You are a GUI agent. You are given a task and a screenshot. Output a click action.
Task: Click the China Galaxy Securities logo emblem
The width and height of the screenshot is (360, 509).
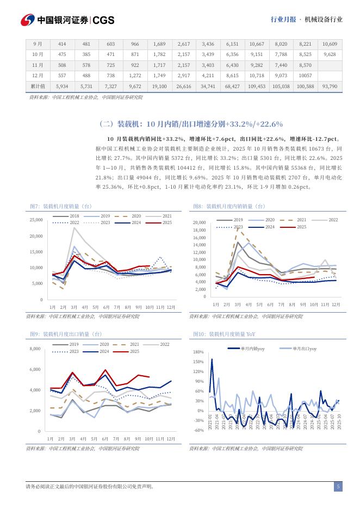[28, 20]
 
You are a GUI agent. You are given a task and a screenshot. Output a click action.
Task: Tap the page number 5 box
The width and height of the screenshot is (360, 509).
[338, 487]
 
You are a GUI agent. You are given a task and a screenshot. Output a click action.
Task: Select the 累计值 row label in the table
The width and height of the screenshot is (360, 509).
[38, 86]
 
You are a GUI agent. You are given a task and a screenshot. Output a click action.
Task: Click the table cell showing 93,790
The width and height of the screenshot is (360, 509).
[330, 86]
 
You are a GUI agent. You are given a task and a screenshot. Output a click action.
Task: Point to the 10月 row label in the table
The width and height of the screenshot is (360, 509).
[38, 54]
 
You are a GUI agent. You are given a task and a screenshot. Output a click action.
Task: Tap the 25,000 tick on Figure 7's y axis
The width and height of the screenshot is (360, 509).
[35, 220]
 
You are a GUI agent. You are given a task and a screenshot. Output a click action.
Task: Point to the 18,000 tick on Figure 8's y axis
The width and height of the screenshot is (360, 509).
[200, 231]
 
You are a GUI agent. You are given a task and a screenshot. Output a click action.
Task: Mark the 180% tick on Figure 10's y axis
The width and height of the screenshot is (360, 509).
[198, 352]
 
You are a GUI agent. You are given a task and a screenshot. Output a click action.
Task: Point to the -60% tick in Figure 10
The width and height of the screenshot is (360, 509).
[198, 430]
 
